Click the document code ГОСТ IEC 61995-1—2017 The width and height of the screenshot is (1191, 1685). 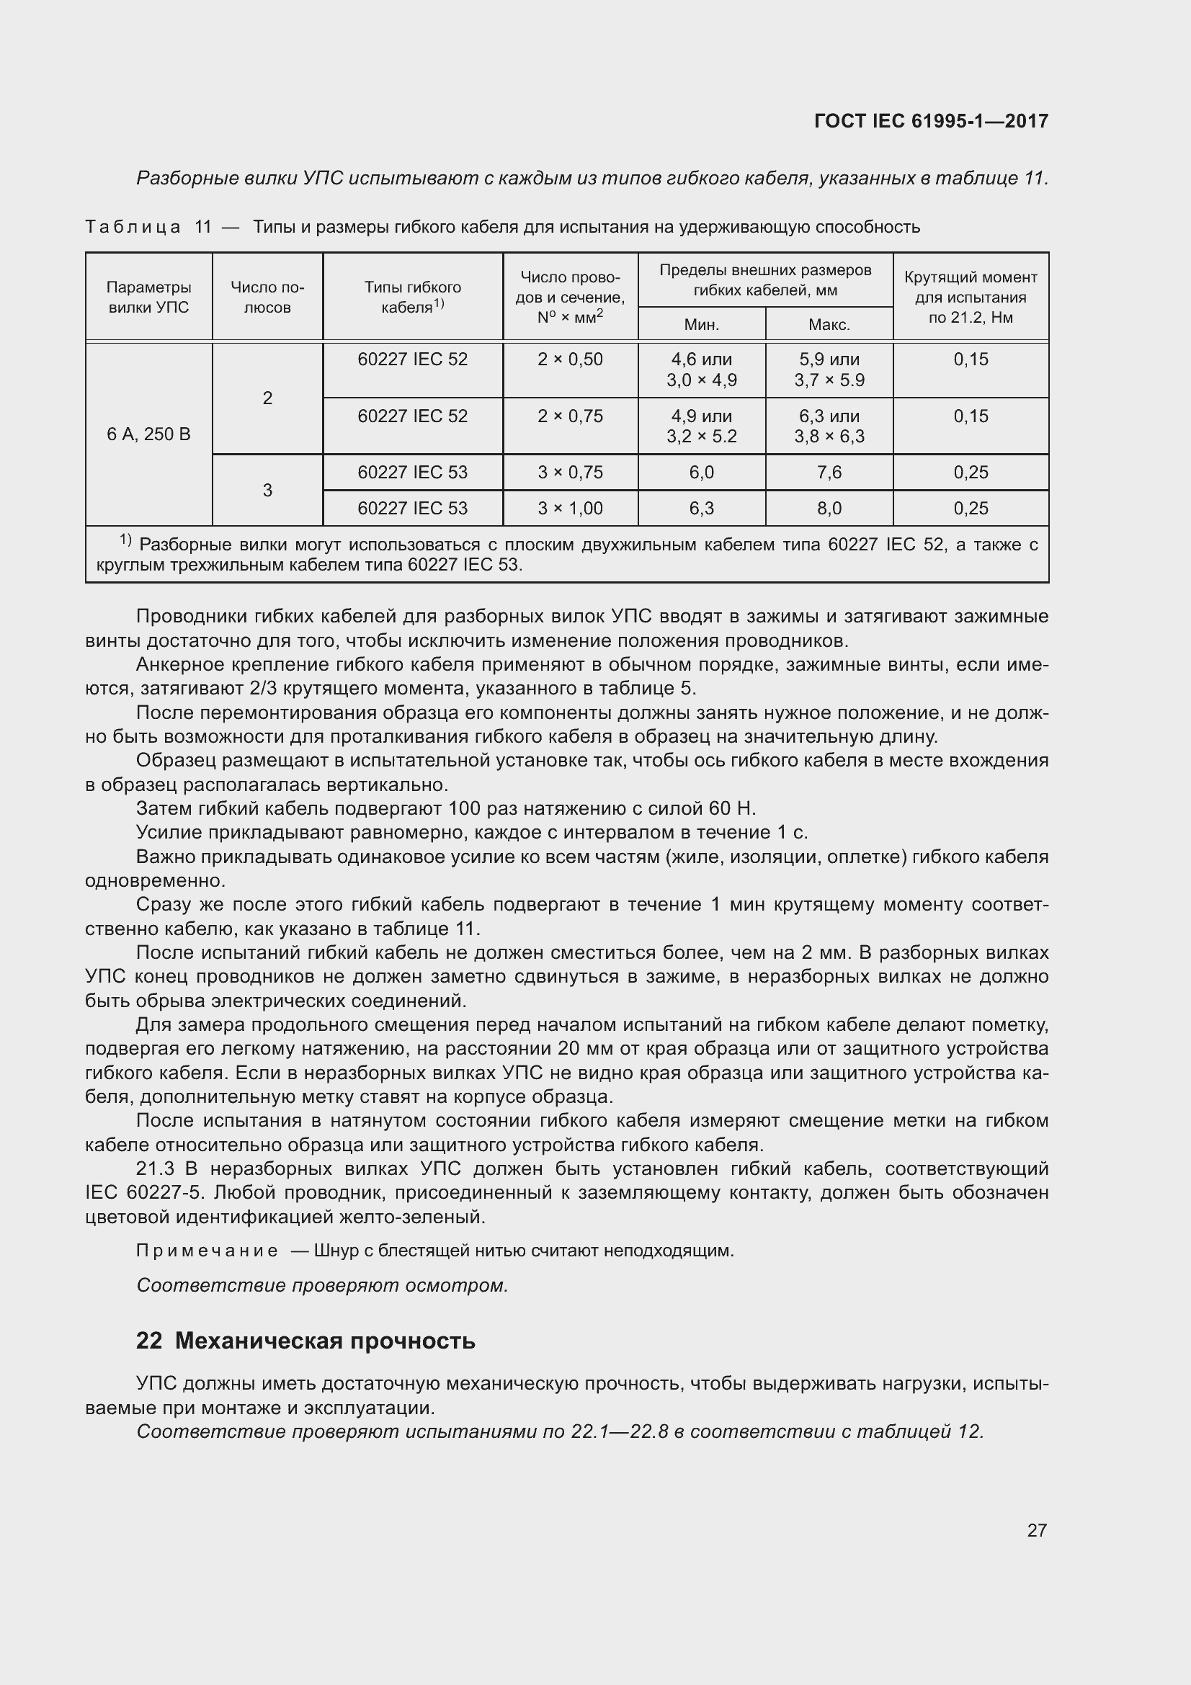[x=930, y=121]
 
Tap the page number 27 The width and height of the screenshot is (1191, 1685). [x=1036, y=1530]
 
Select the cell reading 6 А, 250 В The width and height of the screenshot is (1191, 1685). [x=149, y=434]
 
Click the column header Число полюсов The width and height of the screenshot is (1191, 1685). [x=267, y=298]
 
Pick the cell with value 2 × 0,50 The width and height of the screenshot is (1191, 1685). [x=570, y=359]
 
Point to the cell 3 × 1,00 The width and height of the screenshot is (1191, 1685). [x=570, y=509]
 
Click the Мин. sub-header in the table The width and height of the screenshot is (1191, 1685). [x=702, y=324]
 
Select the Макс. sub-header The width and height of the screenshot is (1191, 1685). [x=829, y=324]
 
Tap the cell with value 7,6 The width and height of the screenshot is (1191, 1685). [x=829, y=473]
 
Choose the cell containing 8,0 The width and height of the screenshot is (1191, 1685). [x=829, y=509]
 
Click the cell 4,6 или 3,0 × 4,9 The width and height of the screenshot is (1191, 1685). [x=702, y=370]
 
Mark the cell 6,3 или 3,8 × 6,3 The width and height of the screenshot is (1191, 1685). [x=829, y=426]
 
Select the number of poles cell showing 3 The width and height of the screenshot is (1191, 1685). [x=267, y=491]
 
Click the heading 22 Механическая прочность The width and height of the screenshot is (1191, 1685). [x=305, y=1341]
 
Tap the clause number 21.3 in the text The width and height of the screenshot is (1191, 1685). [x=155, y=1168]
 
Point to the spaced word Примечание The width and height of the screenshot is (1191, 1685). [x=207, y=1251]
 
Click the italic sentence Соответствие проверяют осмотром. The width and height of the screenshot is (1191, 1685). [x=322, y=1286]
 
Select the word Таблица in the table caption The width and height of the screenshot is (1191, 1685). [x=133, y=228]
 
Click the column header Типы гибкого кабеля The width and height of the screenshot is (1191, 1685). [x=412, y=298]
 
